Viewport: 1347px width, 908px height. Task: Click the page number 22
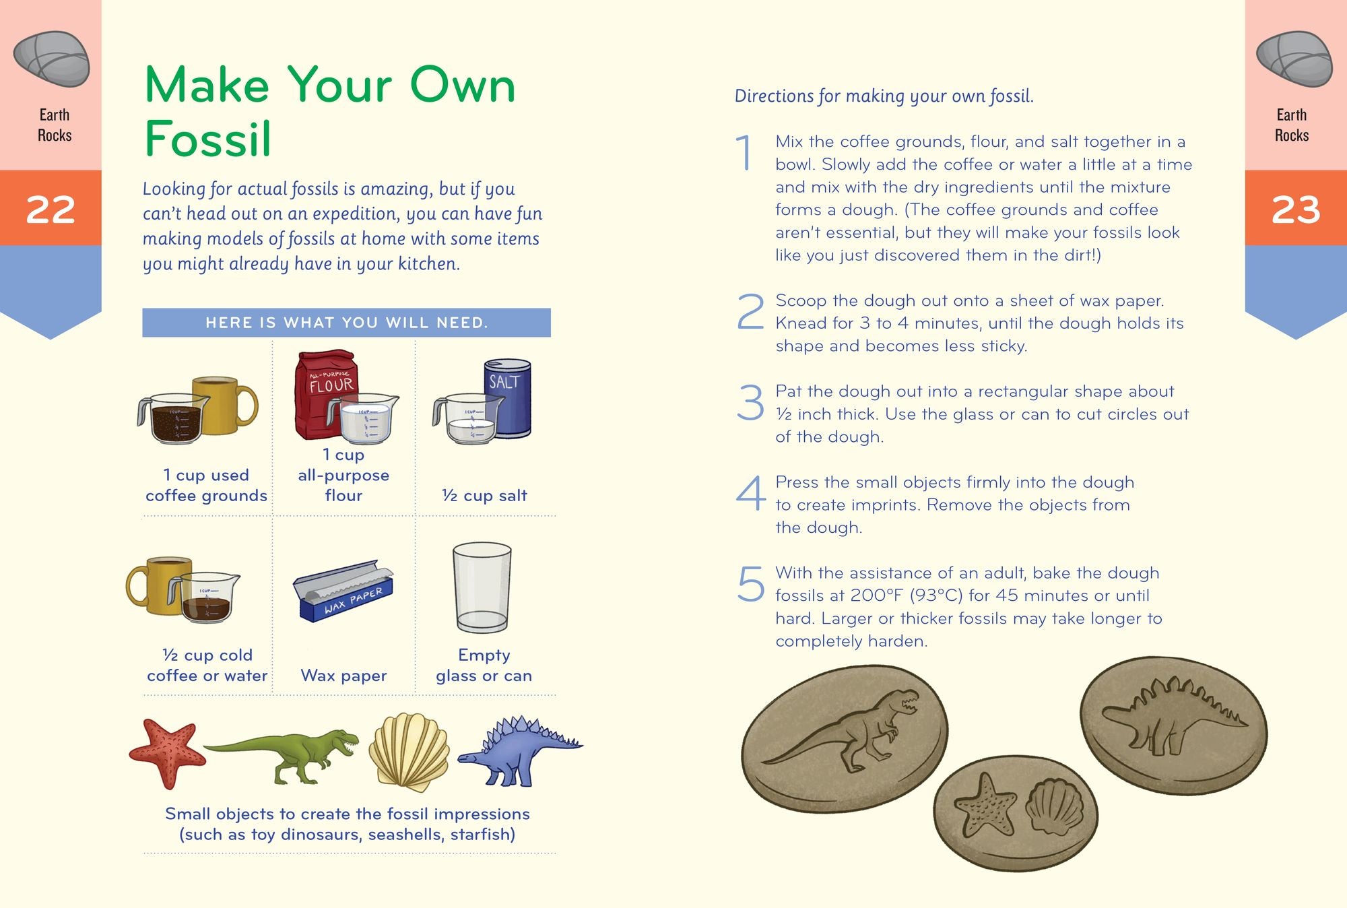(x=51, y=209)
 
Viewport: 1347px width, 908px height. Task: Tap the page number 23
(x=1295, y=209)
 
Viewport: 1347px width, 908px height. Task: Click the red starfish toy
(x=166, y=751)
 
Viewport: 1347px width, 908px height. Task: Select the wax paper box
(x=343, y=591)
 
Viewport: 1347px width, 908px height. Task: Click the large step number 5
(x=750, y=584)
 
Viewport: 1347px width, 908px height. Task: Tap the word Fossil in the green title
(x=207, y=139)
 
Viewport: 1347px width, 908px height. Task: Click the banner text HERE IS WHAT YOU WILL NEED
(x=346, y=323)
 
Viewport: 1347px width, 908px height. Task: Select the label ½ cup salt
(x=484, y=496)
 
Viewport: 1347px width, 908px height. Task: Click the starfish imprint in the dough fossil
(x=985, y=805)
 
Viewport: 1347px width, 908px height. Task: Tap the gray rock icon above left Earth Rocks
(x=51, y=59)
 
